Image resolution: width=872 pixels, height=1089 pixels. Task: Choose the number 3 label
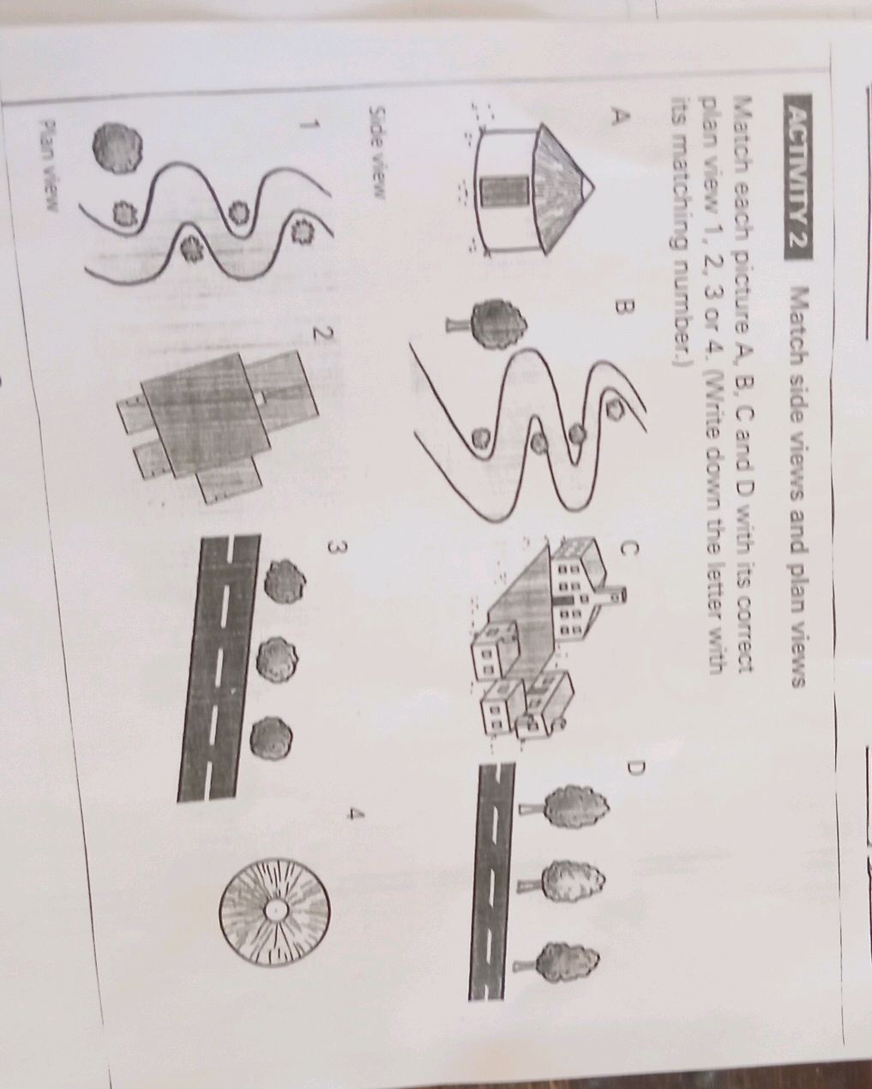coord(338,548)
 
